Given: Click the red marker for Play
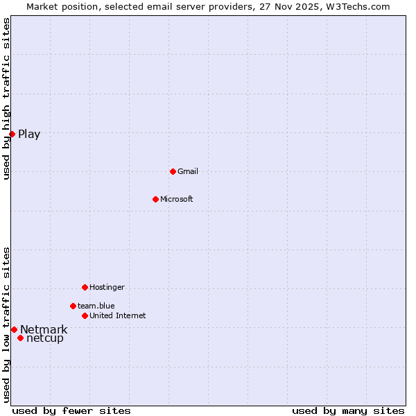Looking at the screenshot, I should [x=12, y=134].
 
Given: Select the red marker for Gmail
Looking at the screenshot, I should [x=173, y=171].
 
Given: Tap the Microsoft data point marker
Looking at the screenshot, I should [x=155, y=199].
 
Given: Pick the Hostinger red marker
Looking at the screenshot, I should [x=85, y=287].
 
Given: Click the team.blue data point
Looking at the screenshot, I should [x=73, y=306].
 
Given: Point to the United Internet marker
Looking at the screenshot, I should [x=85, y=315].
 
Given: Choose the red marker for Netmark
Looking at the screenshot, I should [x=14, y=329].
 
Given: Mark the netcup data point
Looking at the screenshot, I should [x=21, y=338].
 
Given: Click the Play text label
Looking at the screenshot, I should [x=29, y=135].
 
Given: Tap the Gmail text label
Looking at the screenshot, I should [x=188, y=171].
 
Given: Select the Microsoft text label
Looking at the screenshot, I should [x=177, y=199].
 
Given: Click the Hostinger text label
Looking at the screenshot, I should [x=107, y=287].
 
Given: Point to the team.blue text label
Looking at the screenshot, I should [x=96, y=306].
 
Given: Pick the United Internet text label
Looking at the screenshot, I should [x=118, y=315].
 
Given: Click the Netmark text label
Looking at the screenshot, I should [x=44, y=329].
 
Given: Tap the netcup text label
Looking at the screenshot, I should [x=45, y=338].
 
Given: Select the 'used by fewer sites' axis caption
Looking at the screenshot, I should [x=71, y=410].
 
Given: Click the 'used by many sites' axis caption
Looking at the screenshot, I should [x=348, y=410].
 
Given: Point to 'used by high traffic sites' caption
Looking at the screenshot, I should [x=7, y=98].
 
